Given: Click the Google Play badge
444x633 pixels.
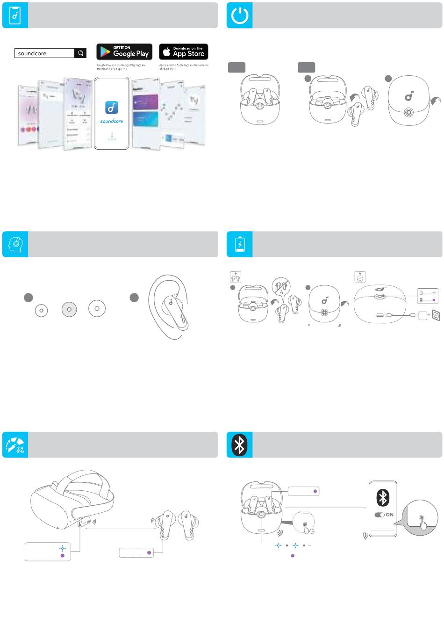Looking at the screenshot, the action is point(124,52).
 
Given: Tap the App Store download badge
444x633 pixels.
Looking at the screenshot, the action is point(184,52).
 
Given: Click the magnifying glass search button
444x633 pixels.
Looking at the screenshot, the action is point(80,53).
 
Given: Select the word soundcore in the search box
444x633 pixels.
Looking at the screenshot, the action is point(32,53).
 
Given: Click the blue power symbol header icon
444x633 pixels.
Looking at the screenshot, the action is point(240,15).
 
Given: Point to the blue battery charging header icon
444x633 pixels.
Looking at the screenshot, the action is point(240,244).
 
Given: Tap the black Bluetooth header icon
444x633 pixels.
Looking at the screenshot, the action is point(240,445).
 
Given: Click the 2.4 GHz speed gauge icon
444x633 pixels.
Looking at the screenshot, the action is point(15,445).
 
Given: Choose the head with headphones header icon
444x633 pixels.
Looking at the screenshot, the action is point(15,244).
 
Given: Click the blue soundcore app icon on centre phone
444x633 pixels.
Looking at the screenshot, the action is point(111,108).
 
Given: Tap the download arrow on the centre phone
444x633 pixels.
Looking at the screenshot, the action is point(111,136).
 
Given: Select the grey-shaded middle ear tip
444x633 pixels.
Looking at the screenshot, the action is point(69,309).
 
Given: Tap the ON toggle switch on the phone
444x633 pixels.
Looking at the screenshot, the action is point(379,515).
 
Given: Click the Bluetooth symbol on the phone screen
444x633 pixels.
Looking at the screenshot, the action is point(383,498).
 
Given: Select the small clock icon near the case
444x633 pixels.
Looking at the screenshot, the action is point(311,531).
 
